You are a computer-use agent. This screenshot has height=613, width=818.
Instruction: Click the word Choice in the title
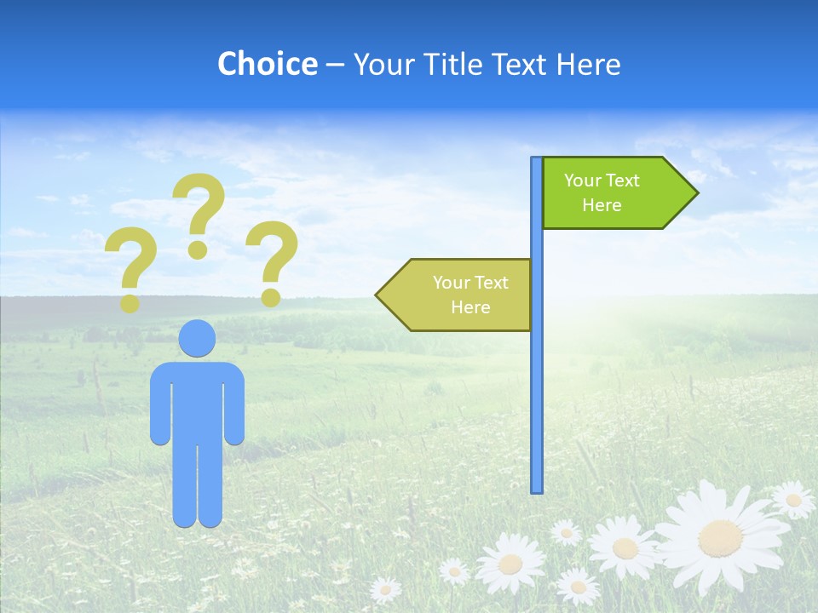[267, 64]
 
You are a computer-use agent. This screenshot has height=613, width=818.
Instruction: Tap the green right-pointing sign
[613, 193]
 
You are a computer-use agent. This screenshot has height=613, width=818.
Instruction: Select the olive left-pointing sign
[460, 295]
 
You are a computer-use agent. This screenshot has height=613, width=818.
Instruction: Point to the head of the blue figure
[197, 338]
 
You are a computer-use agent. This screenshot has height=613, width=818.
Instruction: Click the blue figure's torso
[197, 400]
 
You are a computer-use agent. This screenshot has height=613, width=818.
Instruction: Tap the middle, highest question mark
[199, 209]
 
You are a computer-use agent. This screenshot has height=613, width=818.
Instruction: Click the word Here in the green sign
[602, 205]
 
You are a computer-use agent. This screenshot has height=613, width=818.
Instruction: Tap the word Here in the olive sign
[470, 307]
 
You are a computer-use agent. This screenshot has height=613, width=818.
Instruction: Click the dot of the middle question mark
[198, 249]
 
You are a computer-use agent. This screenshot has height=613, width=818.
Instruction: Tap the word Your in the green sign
[583, 180]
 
